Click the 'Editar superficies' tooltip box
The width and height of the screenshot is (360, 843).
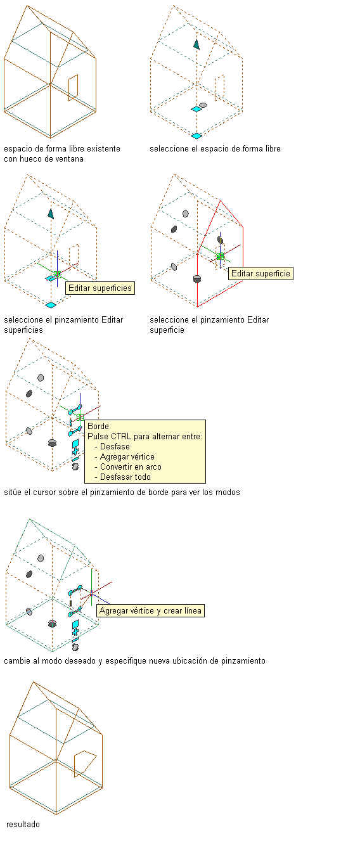point(100,288)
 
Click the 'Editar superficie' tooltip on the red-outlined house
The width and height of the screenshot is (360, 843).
point(260,273)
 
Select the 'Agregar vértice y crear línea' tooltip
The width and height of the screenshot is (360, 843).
point(150,610)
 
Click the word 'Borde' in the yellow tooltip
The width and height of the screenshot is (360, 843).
point(98,426)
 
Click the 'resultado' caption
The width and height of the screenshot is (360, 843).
point(23,824)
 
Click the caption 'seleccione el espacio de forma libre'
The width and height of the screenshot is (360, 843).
point(215,149)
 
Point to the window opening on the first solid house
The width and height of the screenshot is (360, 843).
point(74,87)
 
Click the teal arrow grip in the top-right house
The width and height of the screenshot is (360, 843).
point(196,44)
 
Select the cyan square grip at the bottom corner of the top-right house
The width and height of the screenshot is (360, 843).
point(196,136)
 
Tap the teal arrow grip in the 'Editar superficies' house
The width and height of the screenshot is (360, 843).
point(51,214)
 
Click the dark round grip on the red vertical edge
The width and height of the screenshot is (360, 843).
point(197,279)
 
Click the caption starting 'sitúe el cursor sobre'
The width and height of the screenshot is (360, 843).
point(122,492)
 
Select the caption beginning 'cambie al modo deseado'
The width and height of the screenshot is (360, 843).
point(134,661)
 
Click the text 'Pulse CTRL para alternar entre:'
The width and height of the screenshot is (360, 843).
point(145,436)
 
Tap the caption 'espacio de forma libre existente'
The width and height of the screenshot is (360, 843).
point(62,149)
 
